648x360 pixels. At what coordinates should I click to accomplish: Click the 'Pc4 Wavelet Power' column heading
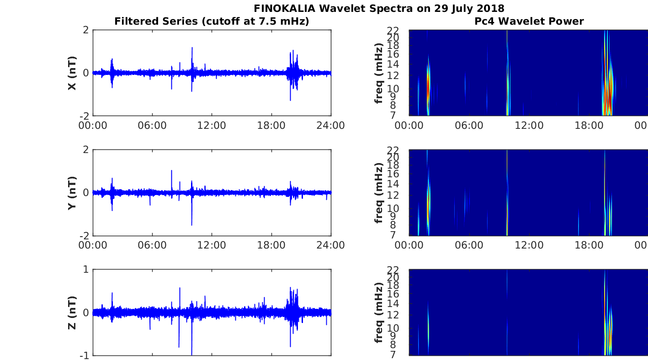point(529,21)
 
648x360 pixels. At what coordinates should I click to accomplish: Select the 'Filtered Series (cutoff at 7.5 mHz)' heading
point(212,21)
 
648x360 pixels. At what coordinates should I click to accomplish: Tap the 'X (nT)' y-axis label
point(72,73)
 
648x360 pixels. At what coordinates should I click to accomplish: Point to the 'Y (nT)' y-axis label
point(72,193)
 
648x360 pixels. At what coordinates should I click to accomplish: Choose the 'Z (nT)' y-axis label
point(72,313)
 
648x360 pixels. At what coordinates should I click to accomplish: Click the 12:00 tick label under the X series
point(212,126)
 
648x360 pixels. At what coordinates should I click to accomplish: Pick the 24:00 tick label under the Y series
point(331,245)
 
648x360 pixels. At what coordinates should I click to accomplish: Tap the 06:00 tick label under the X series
point(152,126)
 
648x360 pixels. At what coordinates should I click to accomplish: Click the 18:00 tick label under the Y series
point(271,245)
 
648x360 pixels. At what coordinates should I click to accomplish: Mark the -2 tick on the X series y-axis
point(84,116)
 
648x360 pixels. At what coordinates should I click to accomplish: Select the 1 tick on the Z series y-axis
point(86,270)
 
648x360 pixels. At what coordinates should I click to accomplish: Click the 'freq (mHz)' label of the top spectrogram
point(379,73)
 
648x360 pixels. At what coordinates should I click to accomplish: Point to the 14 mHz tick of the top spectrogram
point(393,64)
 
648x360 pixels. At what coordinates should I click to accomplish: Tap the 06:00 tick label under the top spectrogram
point(469,126)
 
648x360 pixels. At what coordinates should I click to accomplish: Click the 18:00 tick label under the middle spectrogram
point(589,245)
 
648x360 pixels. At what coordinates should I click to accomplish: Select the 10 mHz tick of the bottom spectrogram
point(393,328)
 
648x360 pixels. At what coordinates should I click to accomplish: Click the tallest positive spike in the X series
point(192,48)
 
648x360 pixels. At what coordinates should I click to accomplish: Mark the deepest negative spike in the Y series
point(191,224)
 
